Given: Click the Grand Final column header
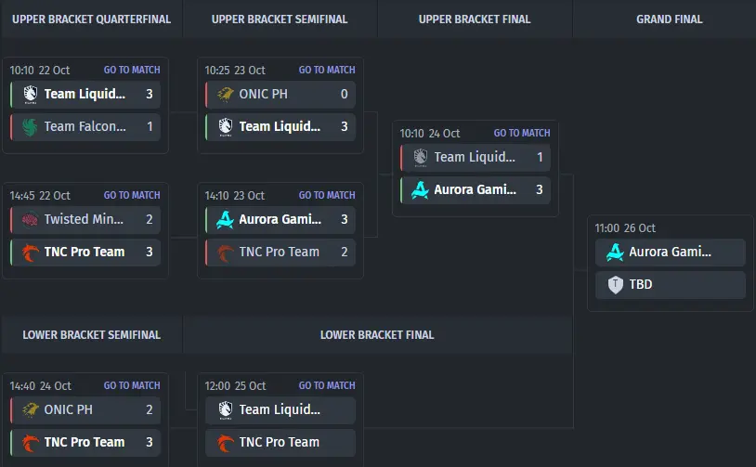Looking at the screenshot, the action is point(670,19).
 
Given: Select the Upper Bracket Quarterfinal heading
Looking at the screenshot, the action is point(92,19).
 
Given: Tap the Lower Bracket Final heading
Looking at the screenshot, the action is point(377,335).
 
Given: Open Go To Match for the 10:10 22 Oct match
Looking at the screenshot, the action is point(132,70).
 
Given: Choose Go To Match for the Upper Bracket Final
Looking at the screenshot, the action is point(522,133).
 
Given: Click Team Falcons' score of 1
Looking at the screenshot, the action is point(150,126).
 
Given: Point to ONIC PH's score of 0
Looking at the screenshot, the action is point(345,94).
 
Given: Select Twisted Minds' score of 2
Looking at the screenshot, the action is point(150,219).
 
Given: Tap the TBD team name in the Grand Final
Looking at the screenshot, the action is point(641,284).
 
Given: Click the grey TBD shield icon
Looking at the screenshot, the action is point(615,285).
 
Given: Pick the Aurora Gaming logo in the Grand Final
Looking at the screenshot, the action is point(615,252).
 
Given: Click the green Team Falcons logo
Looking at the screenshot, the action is point(30,127).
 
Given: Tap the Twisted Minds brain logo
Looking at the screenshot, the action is point(30,219).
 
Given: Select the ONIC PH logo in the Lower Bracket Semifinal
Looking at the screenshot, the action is point(30,409).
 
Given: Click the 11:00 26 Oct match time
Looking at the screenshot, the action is point(625,228).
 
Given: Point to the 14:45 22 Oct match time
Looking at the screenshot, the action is point(40,195).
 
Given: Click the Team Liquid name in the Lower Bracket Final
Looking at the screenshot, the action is point(280,409).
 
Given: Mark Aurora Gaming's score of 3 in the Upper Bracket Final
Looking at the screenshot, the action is point(540,189).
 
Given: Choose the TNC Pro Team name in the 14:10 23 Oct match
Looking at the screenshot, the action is point(280,252).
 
